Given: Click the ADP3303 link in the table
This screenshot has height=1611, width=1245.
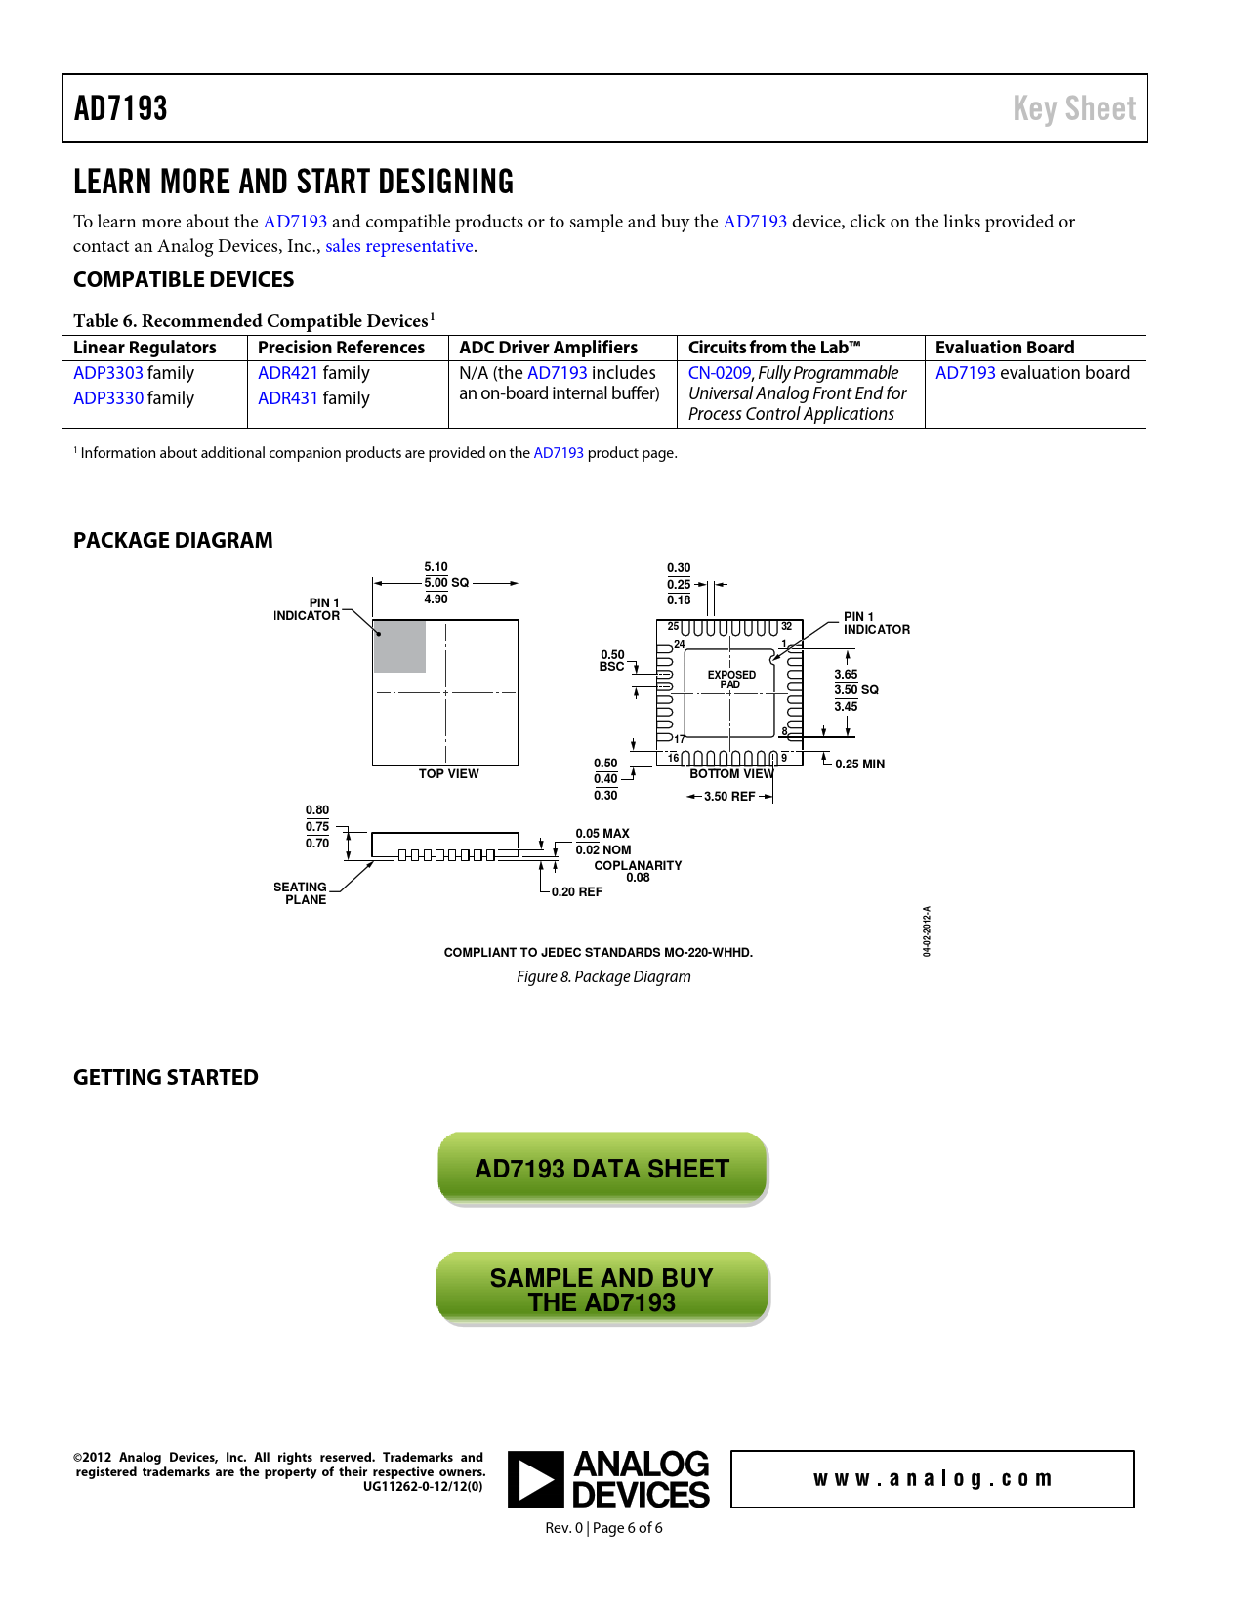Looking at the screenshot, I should click(x=107, y=373).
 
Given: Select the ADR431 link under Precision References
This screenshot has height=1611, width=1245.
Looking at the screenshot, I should click(x=288, y=398).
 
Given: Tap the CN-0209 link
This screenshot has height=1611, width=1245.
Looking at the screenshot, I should click(x=720, y=373).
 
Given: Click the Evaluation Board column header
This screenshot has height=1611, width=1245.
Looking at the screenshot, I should click(x=1004, y=348).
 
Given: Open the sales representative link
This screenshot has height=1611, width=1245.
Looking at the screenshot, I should click(x=398, y=246).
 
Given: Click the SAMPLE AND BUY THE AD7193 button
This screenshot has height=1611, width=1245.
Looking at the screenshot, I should click(x=602, y=1290).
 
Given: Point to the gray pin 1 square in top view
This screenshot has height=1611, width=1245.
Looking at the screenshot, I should click(x=399, y=646).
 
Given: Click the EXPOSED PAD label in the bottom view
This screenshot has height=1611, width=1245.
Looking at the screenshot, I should click(x=731, y=680).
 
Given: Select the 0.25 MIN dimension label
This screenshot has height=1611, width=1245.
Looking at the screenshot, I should click(x=859, y=764).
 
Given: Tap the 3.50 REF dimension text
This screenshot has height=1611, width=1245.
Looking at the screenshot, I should click(x=729, y=797).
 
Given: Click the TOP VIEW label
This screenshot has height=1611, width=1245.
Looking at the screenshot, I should click(x=448, y=774).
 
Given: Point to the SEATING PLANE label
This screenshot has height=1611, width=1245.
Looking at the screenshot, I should click(x=301, y=893).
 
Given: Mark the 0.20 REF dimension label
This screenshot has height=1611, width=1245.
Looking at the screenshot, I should click(x=576, y=892).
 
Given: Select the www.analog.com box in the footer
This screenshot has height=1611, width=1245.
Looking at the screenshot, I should click(x=932, y=1479).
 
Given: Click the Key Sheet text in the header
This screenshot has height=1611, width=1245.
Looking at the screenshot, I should click(x=1073, y=108).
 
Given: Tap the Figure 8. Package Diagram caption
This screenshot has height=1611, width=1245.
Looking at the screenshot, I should click(x=603, y=977).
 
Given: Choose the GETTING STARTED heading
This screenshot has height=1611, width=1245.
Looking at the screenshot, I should click(x=166, y=1078).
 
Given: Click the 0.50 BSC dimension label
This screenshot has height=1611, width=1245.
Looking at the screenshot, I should click(x=612, y=661).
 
